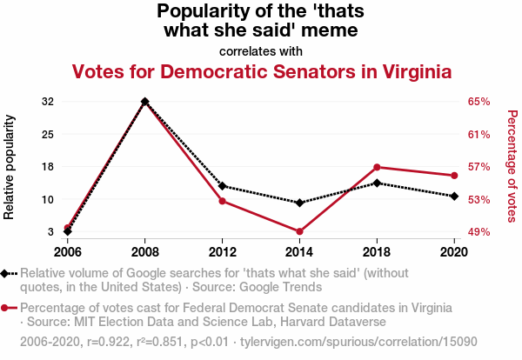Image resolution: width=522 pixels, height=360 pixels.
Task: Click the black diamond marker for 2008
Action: pyautogui.click(x=145, y=102)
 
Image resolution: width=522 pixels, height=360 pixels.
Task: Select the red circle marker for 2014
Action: pyautogui.click(x=299, y=231)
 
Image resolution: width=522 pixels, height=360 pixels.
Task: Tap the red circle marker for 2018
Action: pyautogui.click(x=377, y=167)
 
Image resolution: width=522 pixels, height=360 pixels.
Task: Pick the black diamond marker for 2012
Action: pyautogui.click(x=223, y=186)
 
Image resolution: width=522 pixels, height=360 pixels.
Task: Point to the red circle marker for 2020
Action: pyautogui.click(x=454, y=176)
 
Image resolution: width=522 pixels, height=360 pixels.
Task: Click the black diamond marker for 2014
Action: pyautogui.click(x=299, y=203)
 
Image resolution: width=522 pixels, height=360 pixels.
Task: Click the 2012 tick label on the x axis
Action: pyautogui.click(x=223, y=251)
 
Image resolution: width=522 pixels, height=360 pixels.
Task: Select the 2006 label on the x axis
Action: pyautogui.click(x=68, y=251)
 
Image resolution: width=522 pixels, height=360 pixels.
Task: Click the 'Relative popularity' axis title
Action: pyautogui.click(x=10, y=167)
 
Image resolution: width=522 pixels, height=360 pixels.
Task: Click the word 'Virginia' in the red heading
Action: pyautogui.click(x=410, y=71)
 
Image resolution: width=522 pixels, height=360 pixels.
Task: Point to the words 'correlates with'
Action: pyautogui.click(x=261, y=51)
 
